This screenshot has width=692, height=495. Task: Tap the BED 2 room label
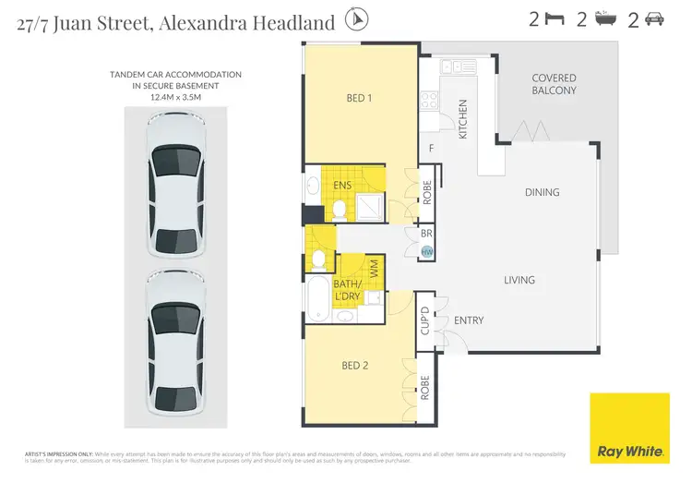click(x=355, y=366)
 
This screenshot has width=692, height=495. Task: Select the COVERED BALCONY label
click(x=554, y=84)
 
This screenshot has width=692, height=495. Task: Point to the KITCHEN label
click(x=463, y=119)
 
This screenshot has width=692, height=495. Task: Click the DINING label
click(x=542, y=192)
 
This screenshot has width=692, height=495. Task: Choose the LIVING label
click(x=519, y=280)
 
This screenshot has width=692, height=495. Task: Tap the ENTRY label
click(x=469, y=320)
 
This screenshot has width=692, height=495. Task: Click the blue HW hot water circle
click(x=427, y=252)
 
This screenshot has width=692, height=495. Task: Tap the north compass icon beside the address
click(x=355, y=19)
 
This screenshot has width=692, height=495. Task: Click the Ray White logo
click(x=630, y=428)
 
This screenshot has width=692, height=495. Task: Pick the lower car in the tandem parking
click(x=174, y=343)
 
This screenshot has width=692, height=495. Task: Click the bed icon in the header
click(x=555, y=18)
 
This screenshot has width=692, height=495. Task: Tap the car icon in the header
click(x=653, y=18)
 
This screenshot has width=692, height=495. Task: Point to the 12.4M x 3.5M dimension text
click(x=174, y=95)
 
